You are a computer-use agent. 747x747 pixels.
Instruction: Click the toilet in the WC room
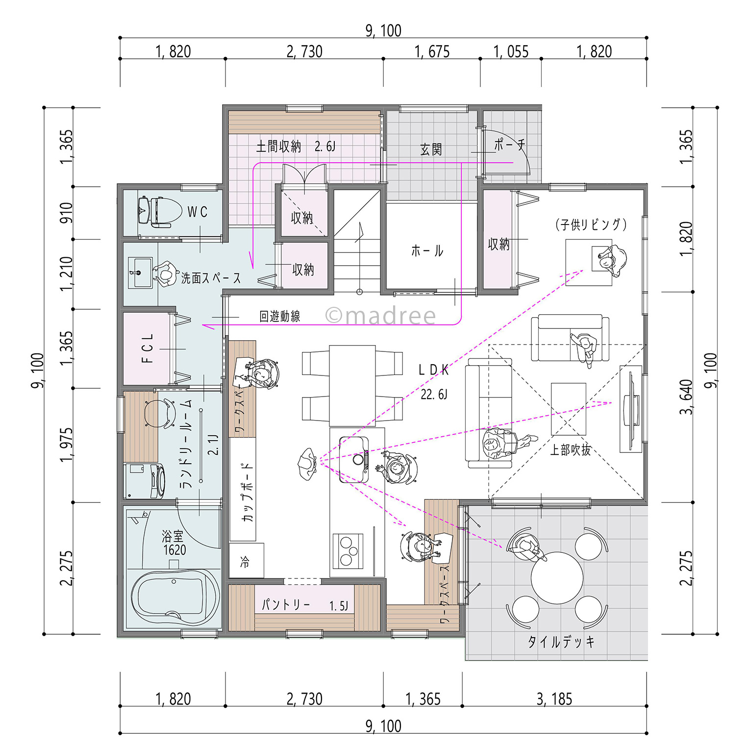[x=154, y=212]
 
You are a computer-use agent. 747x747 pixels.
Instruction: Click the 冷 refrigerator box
[x=246, y=561]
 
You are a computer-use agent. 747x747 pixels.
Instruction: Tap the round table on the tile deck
[x=557, y=577]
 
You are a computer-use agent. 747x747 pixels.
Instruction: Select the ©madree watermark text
[x=380, y=316]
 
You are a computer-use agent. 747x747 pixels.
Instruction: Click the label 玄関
[x=431, y=149]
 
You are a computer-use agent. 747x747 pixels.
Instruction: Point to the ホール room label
[x=427, y=251]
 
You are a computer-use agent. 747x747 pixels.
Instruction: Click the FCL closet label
[x=147, y=349]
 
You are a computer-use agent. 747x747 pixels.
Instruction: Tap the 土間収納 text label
[x=278, y=146]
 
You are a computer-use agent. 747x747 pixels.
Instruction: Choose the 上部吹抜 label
[x=570, y=449]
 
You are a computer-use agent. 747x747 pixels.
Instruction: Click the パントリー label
[x=286, y=604]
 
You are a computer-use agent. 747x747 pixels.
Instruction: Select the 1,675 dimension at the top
[x=432, y=51]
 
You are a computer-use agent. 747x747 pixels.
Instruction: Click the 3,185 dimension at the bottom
[x=554, y=699]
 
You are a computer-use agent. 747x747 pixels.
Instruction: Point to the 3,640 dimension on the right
[x=686, y=397]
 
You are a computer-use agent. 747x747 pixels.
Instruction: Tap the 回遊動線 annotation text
[x=279, y=316]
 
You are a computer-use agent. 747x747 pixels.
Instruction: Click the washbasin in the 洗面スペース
[x=141, y=273]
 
